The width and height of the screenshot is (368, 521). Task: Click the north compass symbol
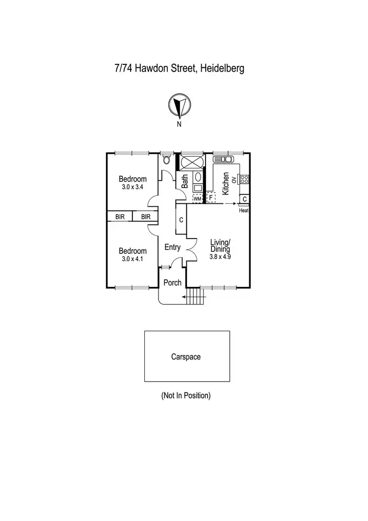pos(180,105)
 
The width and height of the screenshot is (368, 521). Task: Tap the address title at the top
pos(179,68)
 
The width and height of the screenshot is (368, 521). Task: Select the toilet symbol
pos(167,160)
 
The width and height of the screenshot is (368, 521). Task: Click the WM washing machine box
pos(197,198)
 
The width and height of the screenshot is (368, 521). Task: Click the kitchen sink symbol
pos(224,159)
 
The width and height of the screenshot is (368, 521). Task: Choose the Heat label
pos(244,211)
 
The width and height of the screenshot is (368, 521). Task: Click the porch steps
pos(195,297)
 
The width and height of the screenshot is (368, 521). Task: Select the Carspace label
pos(186,357)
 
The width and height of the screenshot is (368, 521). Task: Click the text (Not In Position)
pos(185,395)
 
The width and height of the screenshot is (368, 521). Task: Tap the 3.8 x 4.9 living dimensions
pos(220,256)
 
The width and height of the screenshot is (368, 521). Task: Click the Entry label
pos(172,247)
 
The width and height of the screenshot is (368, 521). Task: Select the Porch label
pos(172,283)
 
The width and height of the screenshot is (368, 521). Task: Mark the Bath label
pos(185,182)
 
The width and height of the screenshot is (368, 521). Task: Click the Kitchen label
pos(226,183)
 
